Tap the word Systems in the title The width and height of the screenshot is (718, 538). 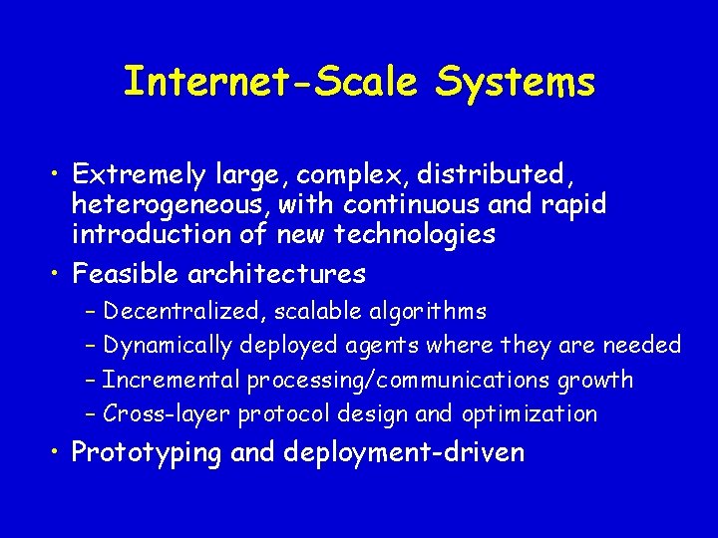click(x=516, y=81)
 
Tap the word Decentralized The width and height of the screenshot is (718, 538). click(x=182, y=312)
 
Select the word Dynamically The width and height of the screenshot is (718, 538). click(x=168, y=346)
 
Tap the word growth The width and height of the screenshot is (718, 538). click(x=595, y=380)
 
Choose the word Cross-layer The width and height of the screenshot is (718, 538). click(x=161, y=413)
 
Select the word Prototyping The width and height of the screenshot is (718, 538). click(x=147, y=452)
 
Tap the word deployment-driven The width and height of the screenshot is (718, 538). click(x=404, y=452)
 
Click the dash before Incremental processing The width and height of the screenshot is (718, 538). click(x=91, y=380)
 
